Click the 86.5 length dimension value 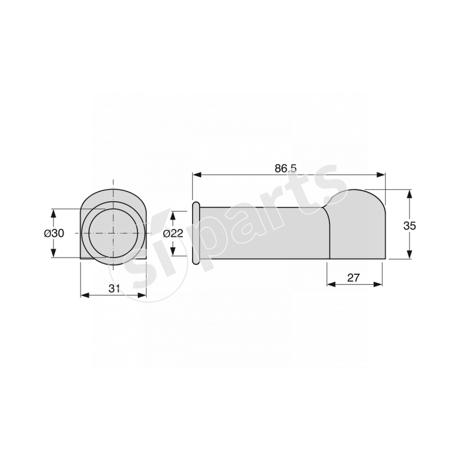[285, 168]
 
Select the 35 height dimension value [409, 226]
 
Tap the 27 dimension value [353, 278]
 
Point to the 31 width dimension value [114, 289]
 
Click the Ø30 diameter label [54, 233]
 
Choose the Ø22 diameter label [173, 233]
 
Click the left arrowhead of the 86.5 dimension [197, 175]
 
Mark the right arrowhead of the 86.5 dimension [381, 175]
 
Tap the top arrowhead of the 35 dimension [409, 194]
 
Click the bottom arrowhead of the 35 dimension [409, 255]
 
